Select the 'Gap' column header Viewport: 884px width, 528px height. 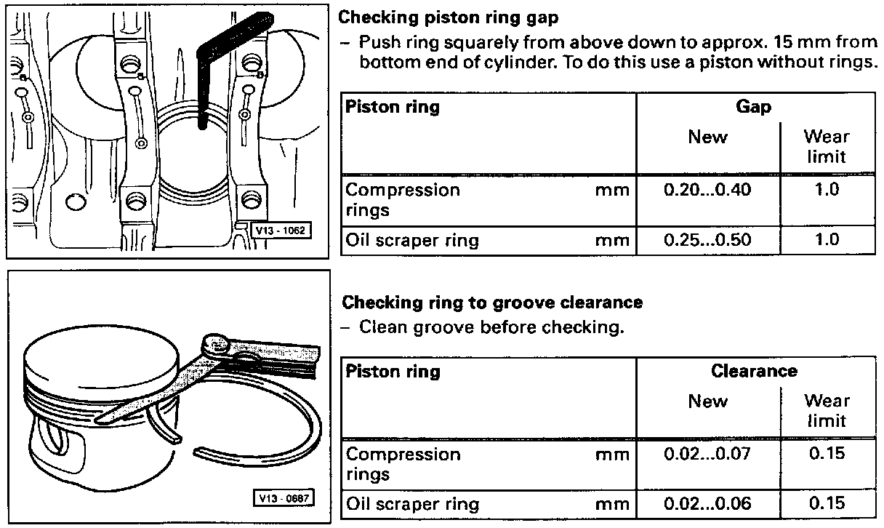pos(754,107)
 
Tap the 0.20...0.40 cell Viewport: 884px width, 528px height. pos(707,190)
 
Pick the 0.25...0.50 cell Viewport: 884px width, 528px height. pos(707,240)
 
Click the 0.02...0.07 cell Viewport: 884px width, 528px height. pos(707,454)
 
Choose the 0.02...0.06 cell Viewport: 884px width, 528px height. pos(707,503)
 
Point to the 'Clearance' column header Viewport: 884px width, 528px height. pos(754,371)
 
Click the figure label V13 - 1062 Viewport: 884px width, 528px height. pos(280,231)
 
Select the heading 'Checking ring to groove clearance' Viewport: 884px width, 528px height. pos(492,302)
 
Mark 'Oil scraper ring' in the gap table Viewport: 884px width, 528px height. pos(411,240)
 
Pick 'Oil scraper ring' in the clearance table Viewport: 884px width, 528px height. pos(411,503)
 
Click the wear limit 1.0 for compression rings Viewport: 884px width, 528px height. pos(827,190)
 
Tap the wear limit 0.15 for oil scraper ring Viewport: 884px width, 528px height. pos(827,503)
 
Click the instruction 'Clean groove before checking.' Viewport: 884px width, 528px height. pos(491,327)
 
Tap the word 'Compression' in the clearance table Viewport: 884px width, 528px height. pos(402,454)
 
